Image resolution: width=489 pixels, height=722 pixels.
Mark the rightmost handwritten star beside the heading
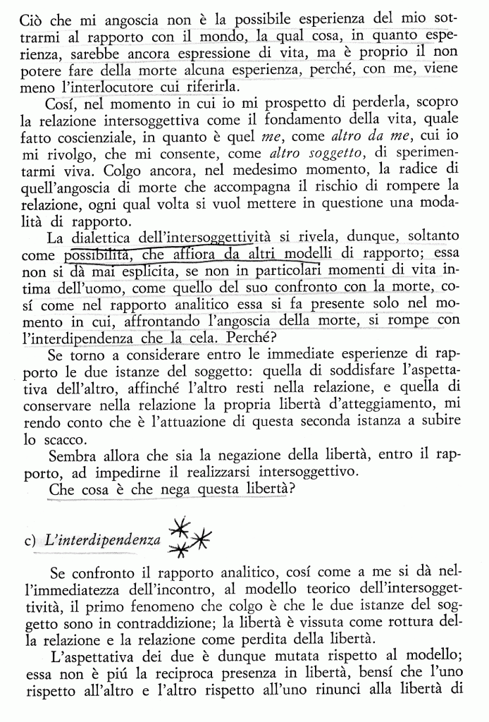[x=201, y=539]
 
